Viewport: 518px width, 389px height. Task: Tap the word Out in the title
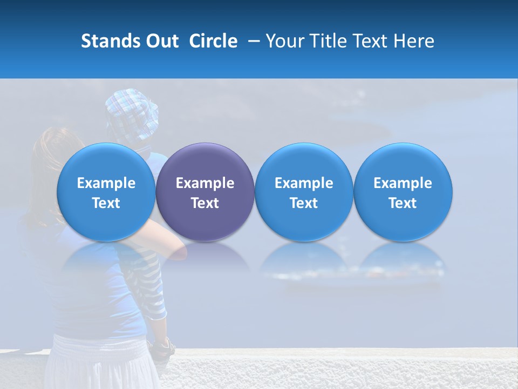point(161,41)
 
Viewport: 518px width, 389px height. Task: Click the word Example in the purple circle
point(205,183)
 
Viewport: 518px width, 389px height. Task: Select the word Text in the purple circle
point(205,203)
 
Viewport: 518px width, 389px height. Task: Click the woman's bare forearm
point(162,243)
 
